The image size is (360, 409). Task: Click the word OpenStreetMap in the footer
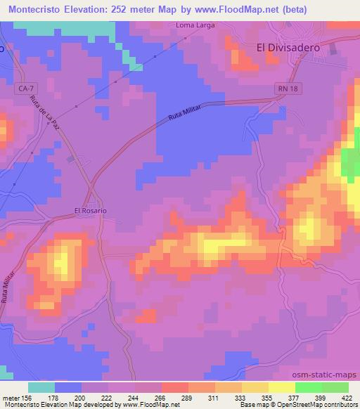309,405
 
